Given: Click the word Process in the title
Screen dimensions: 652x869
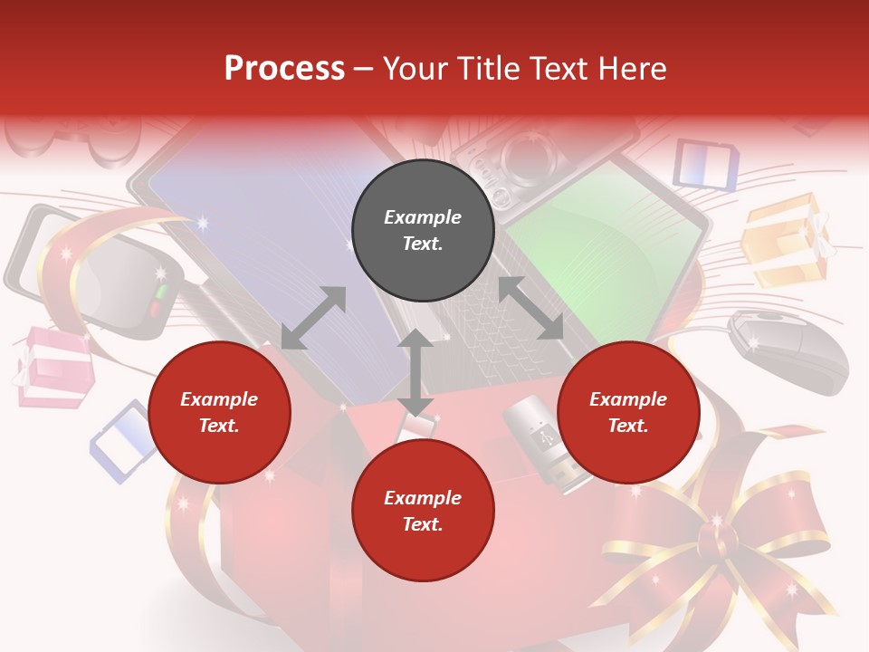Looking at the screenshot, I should pos(284,69).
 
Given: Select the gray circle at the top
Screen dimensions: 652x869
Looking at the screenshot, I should pos(423,230).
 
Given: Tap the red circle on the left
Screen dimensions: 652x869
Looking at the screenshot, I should pos(219,412).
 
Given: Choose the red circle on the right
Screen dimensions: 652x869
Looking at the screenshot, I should pos(628,412).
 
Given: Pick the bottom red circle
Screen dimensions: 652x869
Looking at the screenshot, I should pos(423,511).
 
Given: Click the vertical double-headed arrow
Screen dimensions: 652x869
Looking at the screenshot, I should pos(415,372).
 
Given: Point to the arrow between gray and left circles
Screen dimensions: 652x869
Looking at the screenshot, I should pos(313,318).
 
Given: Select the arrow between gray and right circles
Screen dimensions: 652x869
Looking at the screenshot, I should pos(530,308).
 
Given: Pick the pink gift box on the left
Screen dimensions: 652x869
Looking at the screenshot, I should pos(54,367).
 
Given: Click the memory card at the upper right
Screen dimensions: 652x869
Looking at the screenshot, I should pos(706,164).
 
